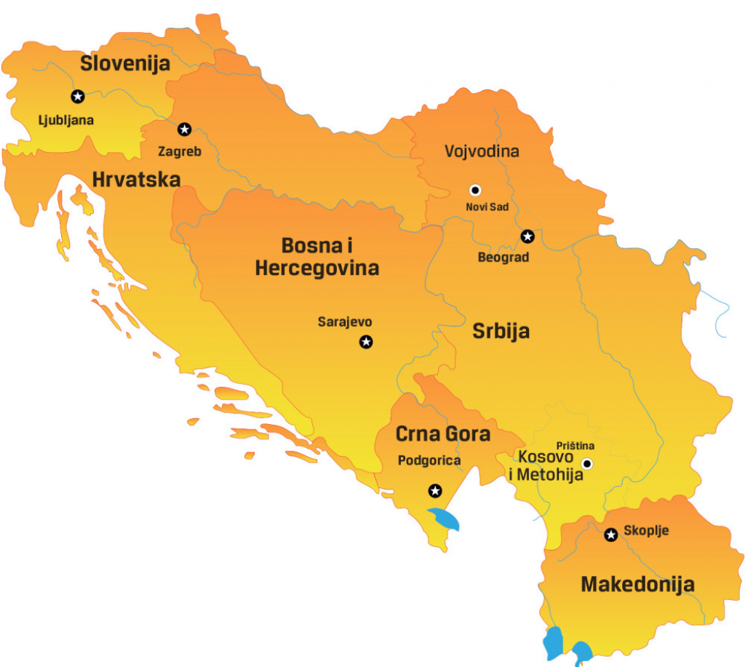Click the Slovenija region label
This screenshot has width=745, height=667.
tap(125, 63)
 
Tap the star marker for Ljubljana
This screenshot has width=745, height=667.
tap(77, 96)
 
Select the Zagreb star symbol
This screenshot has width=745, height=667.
tap(185, 129)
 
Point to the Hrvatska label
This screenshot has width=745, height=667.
tap(136, 179)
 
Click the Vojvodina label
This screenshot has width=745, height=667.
tap(482, 151)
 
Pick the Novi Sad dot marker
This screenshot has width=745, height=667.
tap(475, 190)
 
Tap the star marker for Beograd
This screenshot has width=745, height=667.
tap(527, 236)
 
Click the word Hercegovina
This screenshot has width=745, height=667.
tap(317, 268)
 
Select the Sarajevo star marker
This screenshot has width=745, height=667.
tap(366, 342)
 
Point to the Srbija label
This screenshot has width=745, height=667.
tap(501, 332)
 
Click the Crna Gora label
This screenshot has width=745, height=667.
tap(442, 434)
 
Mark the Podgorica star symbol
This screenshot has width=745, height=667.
tap(435, 490)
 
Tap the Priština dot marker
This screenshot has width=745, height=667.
tap(587, 463)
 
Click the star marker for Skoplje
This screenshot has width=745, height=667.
tap(611, 535)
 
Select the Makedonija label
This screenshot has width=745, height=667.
tap(637, 583)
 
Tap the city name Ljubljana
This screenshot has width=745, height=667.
tap(66, 120)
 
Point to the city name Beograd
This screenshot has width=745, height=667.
tap(503, 257)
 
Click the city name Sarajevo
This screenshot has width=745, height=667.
tap(345, 321)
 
